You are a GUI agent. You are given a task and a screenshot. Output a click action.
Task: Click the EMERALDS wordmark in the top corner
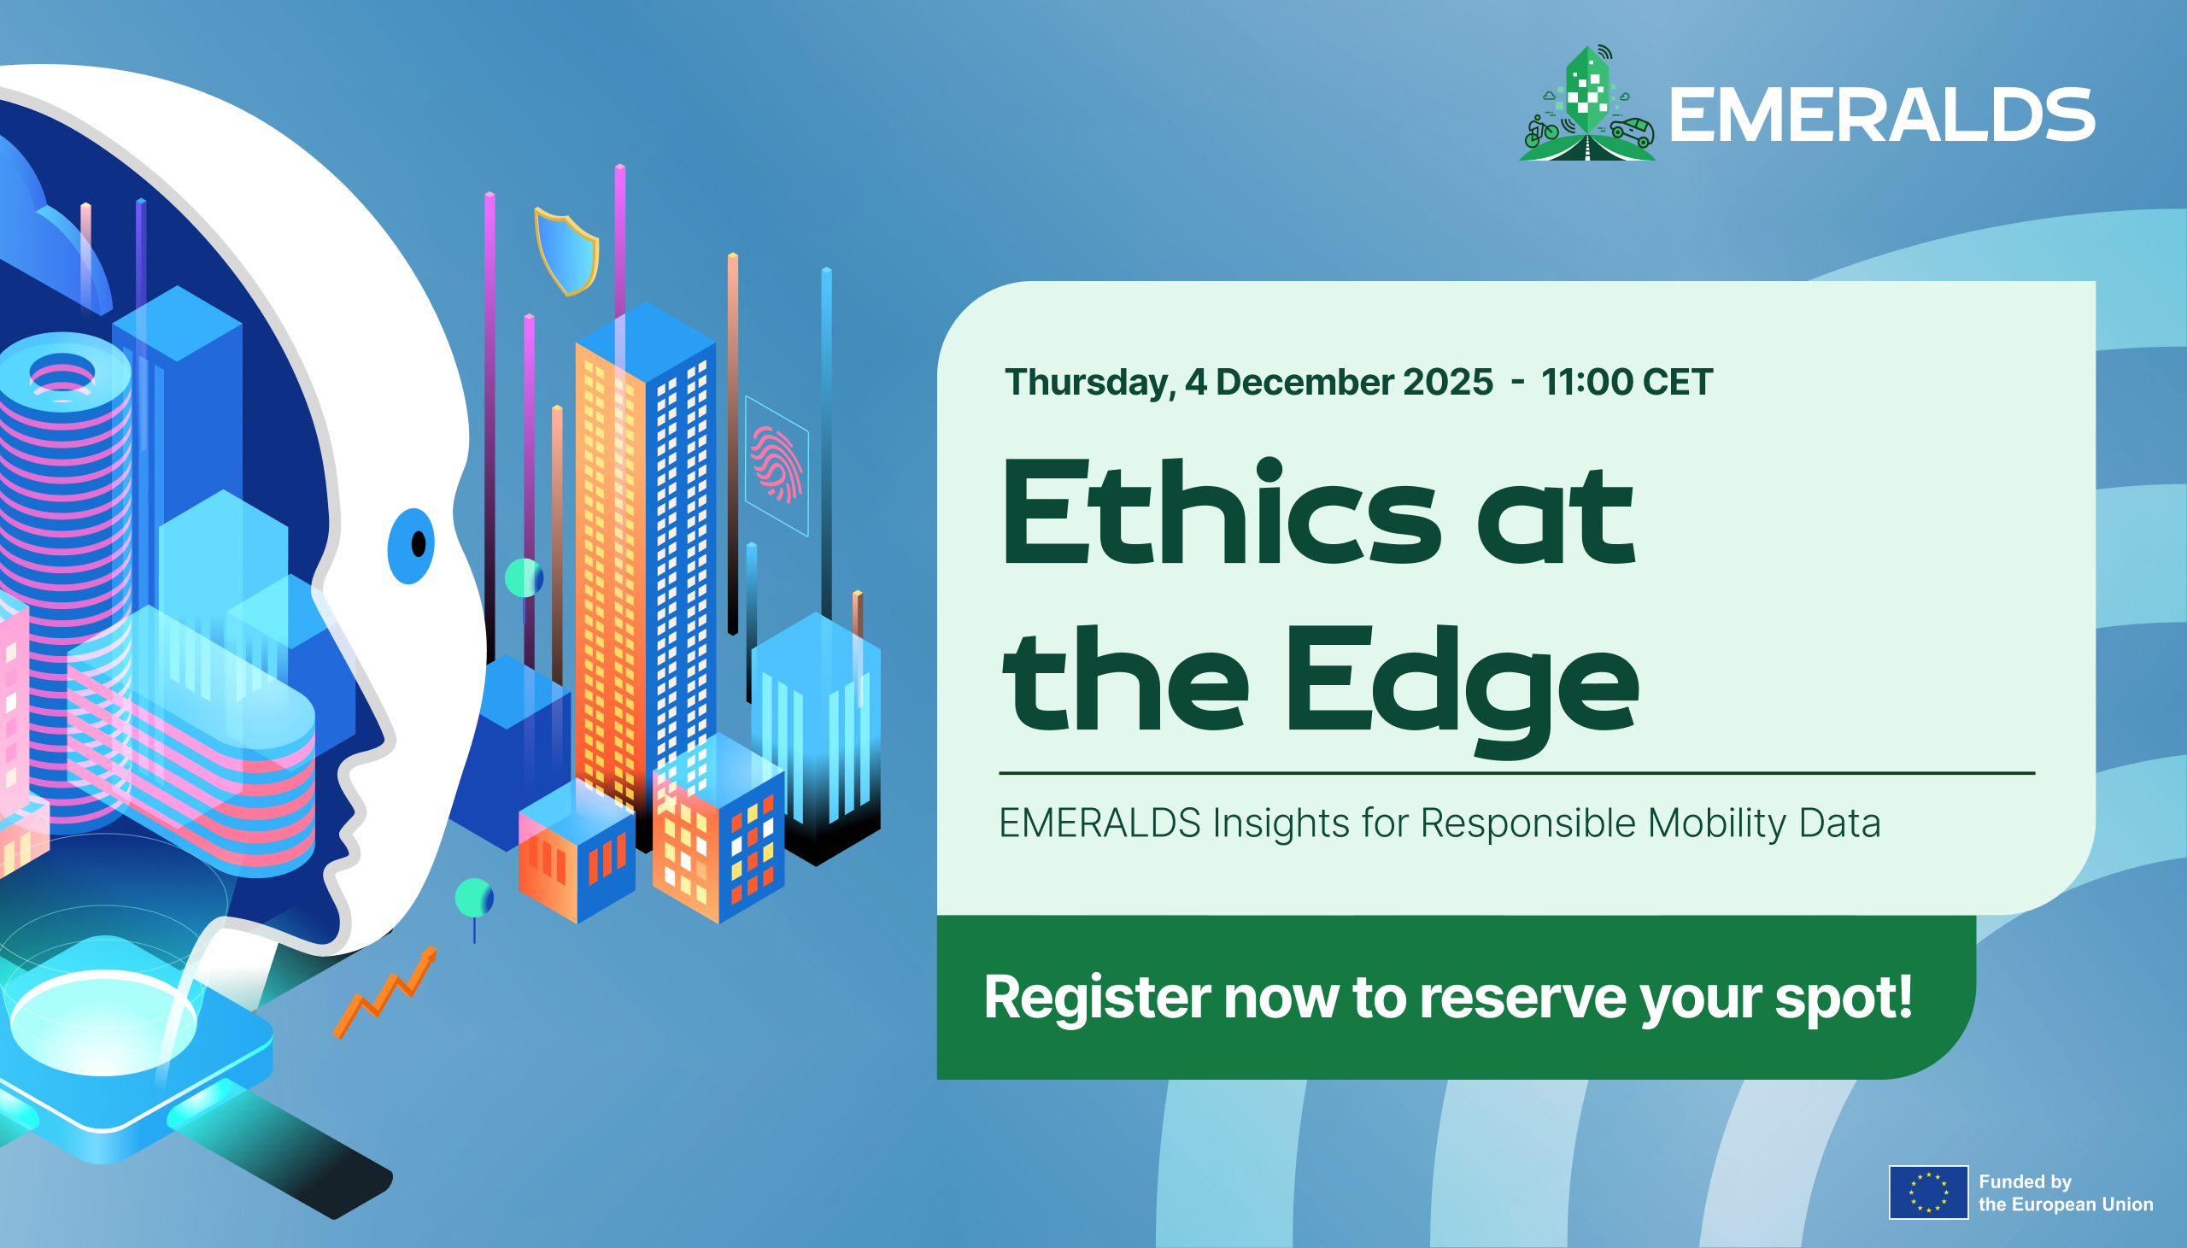pos(1882,114)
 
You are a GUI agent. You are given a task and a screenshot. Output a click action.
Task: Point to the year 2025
pos(1447,383)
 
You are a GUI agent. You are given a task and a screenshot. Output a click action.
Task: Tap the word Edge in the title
pos(1461,690)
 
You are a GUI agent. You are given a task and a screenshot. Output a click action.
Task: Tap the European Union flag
pos(1928,1192)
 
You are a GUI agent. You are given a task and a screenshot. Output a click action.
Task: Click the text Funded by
pos(2025,1181)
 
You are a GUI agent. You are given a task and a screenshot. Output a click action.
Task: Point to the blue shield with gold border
pos(566,250)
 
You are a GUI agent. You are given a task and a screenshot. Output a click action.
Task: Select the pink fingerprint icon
pos(777,464)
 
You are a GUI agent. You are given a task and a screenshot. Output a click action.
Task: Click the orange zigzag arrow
pos(384,993)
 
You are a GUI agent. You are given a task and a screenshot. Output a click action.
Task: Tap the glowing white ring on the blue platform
pos(103,1022)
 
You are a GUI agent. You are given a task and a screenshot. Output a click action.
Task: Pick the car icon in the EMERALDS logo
pos(1632,132)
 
